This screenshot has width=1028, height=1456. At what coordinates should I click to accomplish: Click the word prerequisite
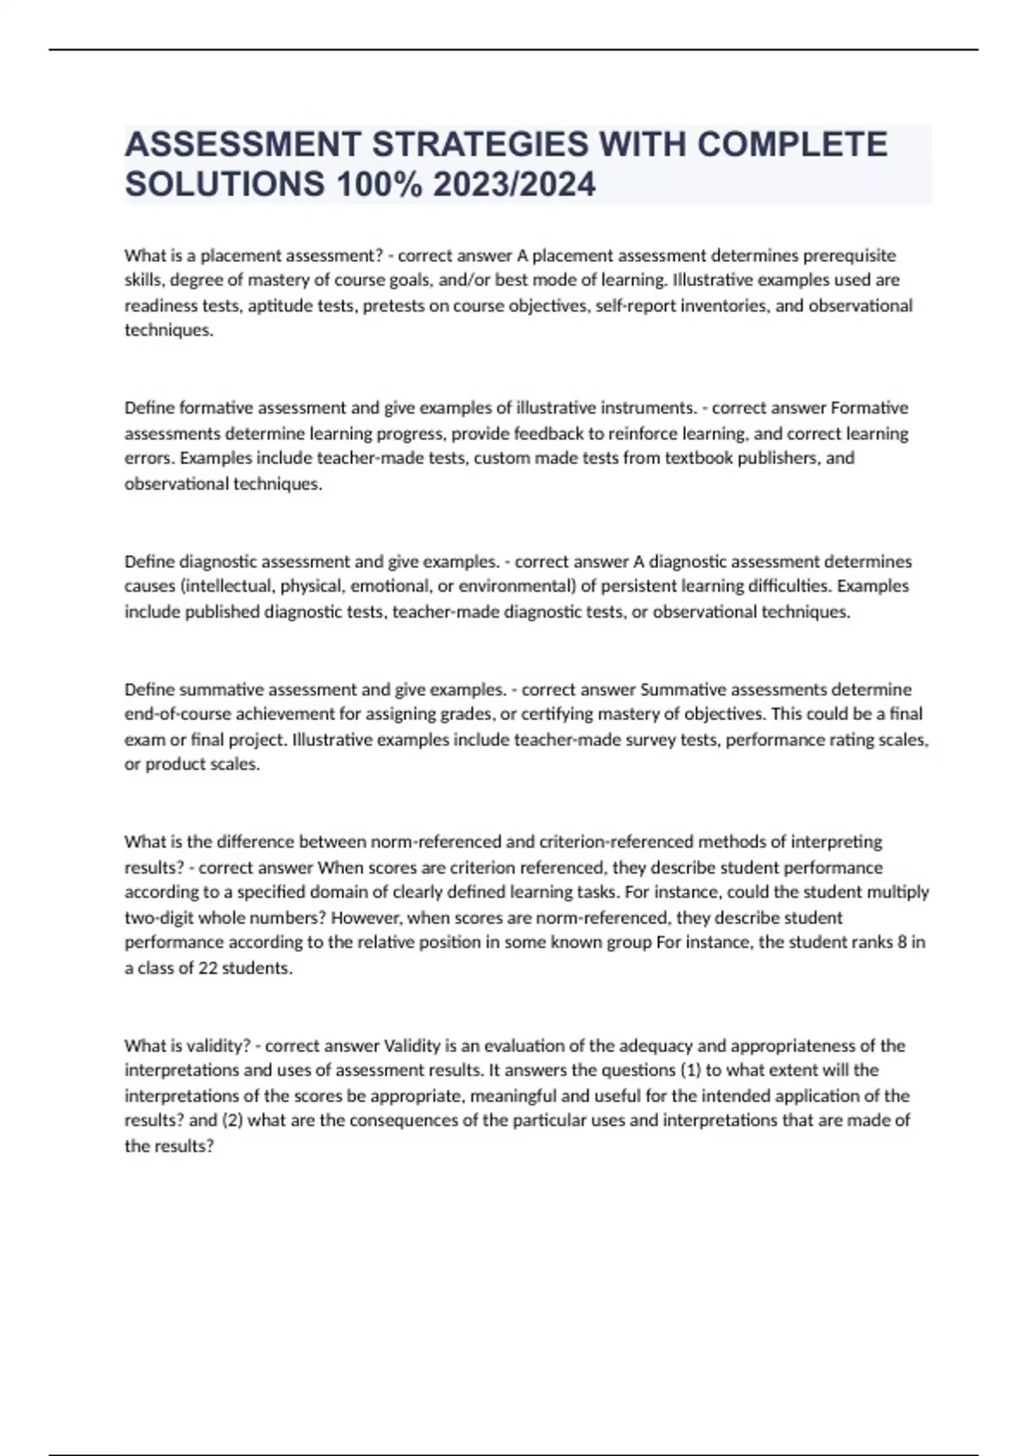849,255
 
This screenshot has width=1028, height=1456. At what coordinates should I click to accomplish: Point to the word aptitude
279,306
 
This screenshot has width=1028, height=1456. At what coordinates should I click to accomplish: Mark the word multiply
897,892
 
